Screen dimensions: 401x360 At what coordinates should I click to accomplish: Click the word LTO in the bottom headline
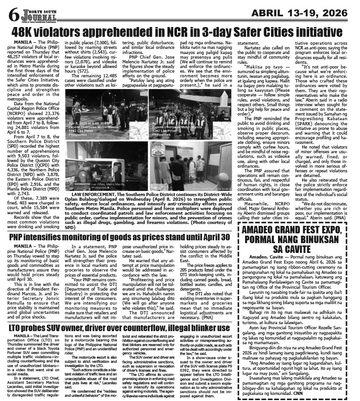click(x=17, y=303)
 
